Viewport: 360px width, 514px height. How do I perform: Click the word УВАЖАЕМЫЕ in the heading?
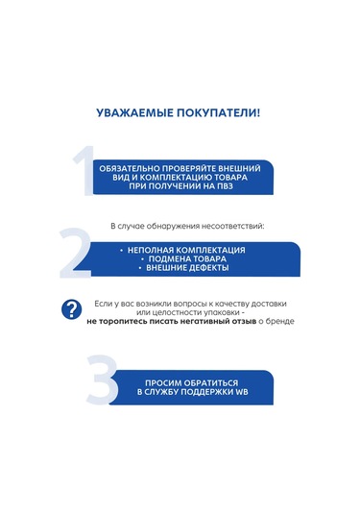(133, 112)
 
